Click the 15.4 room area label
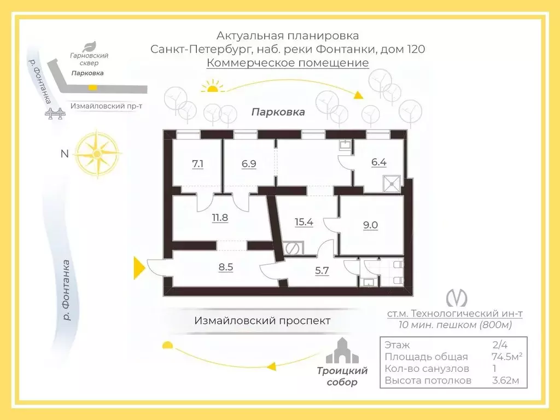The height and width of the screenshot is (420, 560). (304, 222)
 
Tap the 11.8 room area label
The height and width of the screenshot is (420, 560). (220, 218)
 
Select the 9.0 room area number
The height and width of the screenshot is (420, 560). (370, 225)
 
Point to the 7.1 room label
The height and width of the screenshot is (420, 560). (197, 164)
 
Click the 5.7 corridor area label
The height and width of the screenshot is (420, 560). (322, 271)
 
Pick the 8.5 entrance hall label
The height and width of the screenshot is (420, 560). (226, 267)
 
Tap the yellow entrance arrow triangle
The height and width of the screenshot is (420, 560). (139, 267)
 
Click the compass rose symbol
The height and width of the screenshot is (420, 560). (97, 154)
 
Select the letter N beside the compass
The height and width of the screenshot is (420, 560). (65, 154)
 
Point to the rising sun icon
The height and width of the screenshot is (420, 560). (212, 87)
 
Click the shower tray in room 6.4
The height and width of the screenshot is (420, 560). (392, 184)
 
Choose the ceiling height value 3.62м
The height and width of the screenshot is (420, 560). (505, 381)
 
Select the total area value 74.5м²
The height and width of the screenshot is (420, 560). (507, 357)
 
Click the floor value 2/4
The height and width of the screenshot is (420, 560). (500, 345)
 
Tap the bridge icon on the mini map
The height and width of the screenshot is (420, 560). (55, 113)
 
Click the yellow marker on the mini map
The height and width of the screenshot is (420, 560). (92, 87)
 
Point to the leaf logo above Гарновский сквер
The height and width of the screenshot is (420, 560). (89, 47)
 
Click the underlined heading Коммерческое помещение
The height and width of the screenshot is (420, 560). (288, 63)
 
